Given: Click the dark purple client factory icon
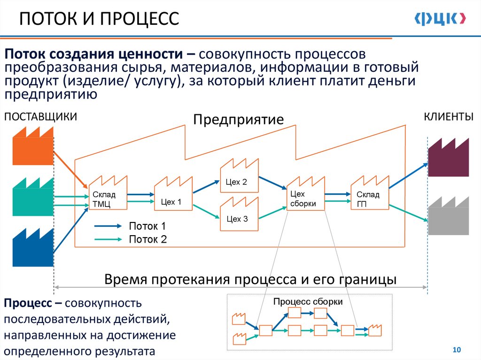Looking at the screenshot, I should click(448, 158).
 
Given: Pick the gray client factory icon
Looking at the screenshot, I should click(448, 216).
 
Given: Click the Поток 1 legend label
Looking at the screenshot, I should click(148, 226).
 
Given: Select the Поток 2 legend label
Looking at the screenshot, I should click(148, 239).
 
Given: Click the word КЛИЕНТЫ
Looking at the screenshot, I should click(449, 117).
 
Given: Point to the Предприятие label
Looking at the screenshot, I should click(239, 119).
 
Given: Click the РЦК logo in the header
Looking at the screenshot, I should click(440, 18).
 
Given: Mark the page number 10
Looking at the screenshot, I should click(456, 350).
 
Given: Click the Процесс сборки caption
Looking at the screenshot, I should click(308, 302).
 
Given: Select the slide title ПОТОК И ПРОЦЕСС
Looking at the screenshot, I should click(99, 19).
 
